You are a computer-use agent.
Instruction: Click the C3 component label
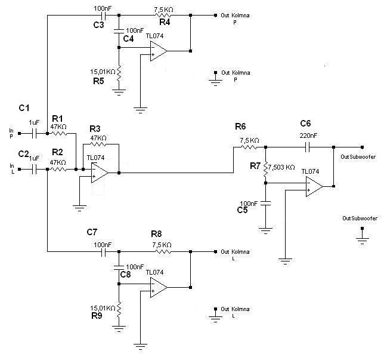coord(99,24)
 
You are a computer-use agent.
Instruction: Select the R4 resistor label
coord(165,22)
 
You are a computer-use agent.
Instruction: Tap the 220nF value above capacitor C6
coord(308,136)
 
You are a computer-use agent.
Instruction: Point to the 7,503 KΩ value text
coord(281,167)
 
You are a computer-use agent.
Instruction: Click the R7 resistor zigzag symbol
coord(266,169)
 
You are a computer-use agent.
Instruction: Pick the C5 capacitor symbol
coord(266,204)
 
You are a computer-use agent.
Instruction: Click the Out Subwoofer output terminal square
coord(362,147)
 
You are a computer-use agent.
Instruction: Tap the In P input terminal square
coord(20,133)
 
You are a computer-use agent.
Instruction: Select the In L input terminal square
coord(20,169)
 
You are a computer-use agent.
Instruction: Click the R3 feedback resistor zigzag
coord(98,144)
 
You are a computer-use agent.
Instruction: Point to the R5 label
coord(98,81)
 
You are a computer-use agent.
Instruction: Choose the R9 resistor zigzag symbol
coord(119,309)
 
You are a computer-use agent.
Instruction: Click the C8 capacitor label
coord(125,275)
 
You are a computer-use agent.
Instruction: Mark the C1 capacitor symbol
coord(35,133)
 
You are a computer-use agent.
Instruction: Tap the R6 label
coord(240,127)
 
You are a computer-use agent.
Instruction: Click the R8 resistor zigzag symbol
coord(163,251)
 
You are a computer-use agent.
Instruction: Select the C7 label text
coord(92,232)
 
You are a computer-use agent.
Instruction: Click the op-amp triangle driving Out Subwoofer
coord(314,186)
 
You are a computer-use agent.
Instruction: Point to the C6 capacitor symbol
coord(308,147)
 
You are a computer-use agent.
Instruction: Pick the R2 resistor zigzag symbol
coord(58,169)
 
